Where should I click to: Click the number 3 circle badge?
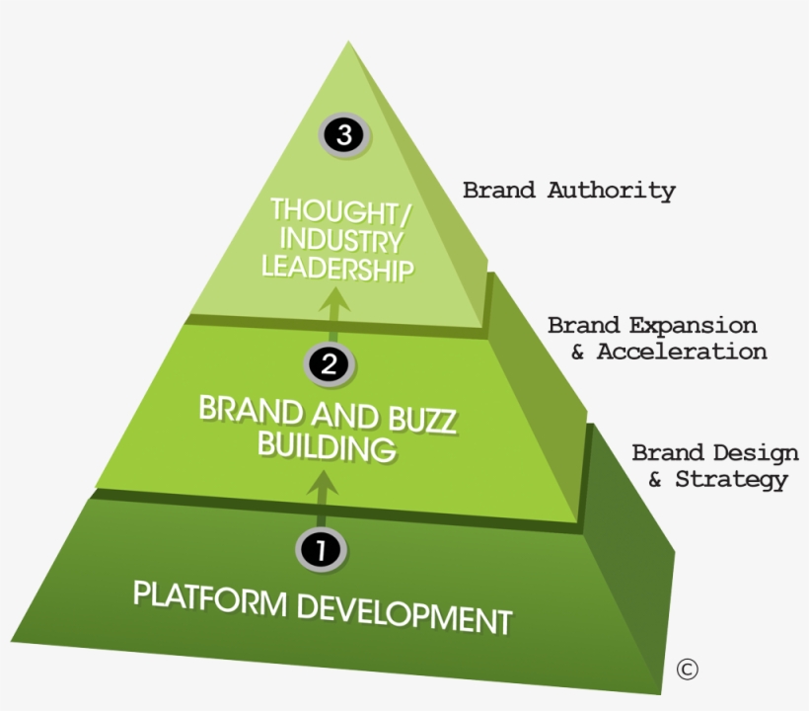[x=344, y=135]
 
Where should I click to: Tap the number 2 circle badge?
[x=331, y=364]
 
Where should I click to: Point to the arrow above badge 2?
[x=335, y=306]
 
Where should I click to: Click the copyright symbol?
[x=687, y=669]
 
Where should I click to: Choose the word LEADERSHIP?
[x=336, y=268]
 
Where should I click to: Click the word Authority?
[x=612, y=190]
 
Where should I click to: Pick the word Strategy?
[x=731, y=480]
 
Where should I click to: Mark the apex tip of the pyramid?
[x=348, y=42]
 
